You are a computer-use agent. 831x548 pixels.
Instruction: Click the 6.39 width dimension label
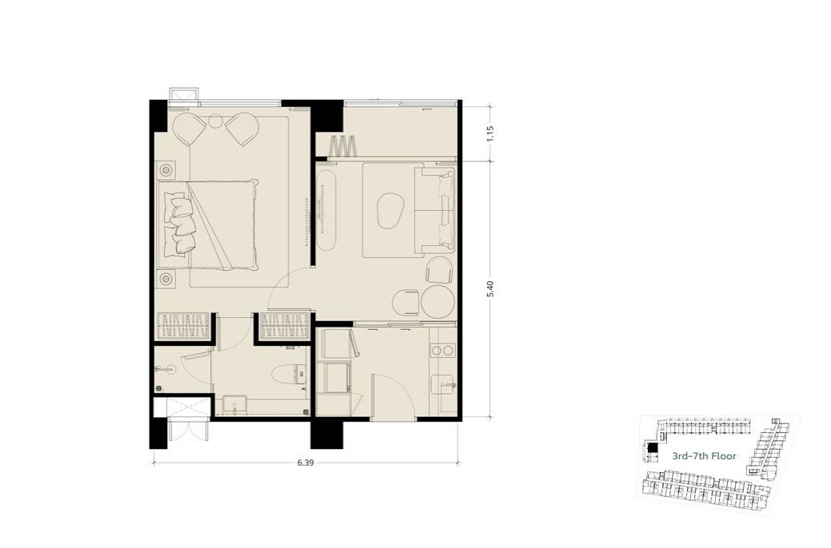coord(306,463)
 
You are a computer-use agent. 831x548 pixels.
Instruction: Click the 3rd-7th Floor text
coord(705,456)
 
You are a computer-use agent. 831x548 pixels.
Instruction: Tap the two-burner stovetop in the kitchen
coord(442,350)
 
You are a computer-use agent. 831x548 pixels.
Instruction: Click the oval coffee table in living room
coord(390,210)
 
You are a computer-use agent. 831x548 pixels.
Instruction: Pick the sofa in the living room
coord(436,210)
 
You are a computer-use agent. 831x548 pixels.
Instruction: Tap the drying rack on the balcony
coord(343,146)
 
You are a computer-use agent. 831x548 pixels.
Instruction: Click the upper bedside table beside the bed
coord(166,170)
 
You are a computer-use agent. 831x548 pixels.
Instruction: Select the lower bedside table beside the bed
coord(166,279)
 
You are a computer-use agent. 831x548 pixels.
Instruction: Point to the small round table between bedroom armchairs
coord(216,121)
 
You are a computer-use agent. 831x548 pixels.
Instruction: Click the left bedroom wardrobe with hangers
coord(183,326)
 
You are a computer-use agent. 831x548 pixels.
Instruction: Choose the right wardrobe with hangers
coord(284,326)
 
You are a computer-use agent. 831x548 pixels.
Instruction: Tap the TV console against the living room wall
coord(327,210)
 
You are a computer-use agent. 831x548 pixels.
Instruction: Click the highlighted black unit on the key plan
coord(653,448)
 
